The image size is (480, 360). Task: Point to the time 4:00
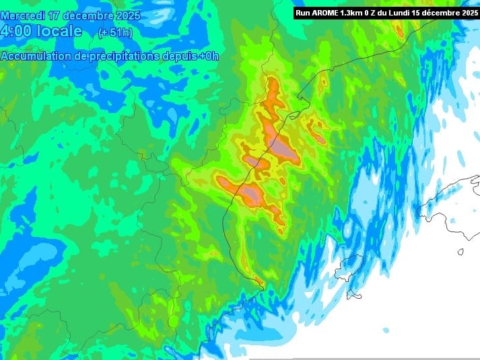point(17,31)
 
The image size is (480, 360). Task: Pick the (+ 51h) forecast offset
point(116,32)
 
